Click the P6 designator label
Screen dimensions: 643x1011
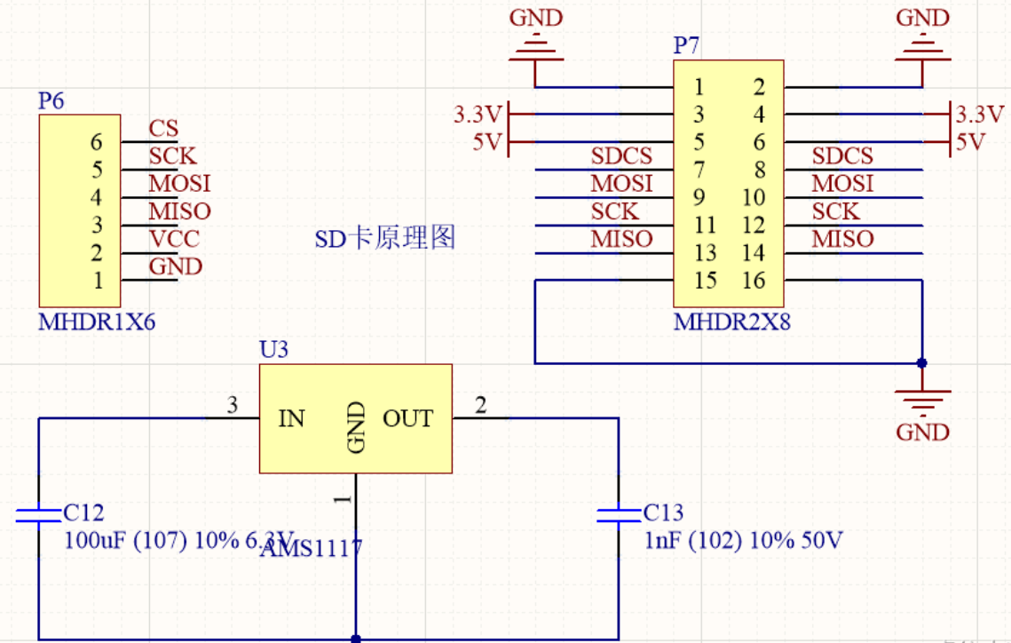51,101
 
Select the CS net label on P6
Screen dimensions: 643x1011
163,130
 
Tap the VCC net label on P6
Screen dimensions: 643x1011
174,239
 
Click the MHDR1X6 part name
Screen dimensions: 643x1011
97,321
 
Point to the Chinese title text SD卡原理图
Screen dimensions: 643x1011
385,238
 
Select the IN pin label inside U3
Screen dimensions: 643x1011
292,418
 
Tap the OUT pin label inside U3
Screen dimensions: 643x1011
407,418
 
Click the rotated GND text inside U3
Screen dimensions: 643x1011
357,427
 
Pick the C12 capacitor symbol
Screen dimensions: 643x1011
37,515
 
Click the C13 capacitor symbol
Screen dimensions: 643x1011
618,515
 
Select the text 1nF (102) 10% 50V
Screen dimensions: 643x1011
743,540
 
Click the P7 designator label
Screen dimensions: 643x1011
686,46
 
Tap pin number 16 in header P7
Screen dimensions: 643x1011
753,281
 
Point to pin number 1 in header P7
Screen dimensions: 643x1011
699,87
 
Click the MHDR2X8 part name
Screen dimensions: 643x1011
731,321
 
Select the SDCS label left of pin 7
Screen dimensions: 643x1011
621,156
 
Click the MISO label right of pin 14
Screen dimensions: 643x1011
842,239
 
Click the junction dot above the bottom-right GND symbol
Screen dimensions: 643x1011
921,363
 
